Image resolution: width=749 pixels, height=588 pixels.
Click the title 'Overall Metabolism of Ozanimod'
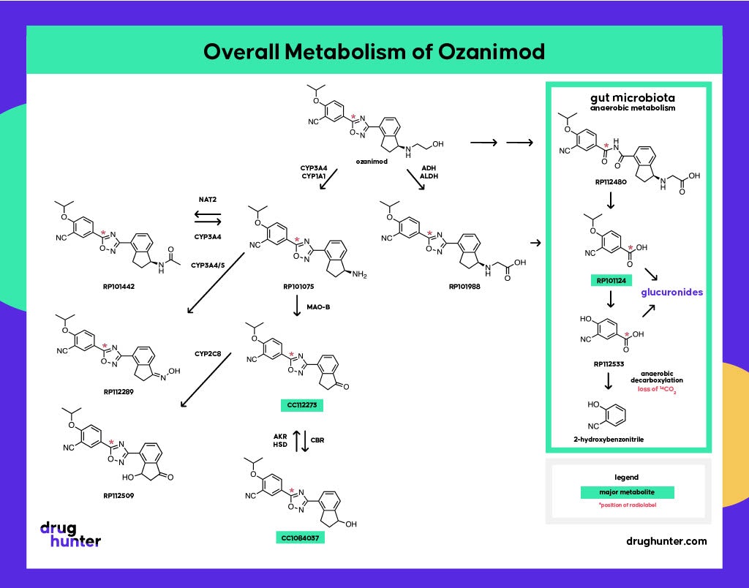(x=374, y=53)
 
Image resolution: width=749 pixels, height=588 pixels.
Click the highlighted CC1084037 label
(x=301, y=538)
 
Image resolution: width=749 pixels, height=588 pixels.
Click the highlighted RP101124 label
(x=611, y=279)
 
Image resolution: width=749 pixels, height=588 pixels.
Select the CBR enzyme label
(x=317, y=440)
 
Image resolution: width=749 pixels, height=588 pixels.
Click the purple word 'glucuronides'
(x=671, y=292)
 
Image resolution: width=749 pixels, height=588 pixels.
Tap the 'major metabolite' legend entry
(x=627, y=492)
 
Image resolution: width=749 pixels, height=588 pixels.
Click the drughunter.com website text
(x=666, y=541)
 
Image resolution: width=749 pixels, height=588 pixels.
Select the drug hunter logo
(x=70, y=535)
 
